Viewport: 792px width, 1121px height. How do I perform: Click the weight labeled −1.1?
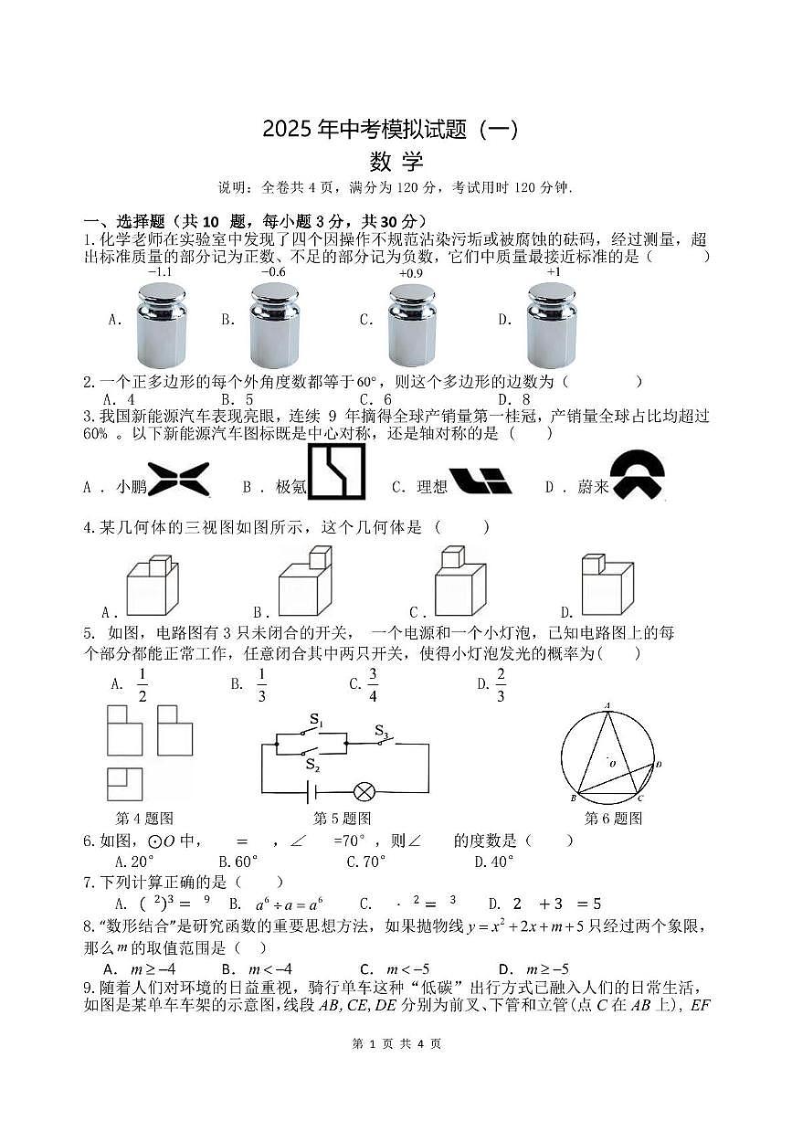[162, 324]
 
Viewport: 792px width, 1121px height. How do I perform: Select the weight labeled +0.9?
[411, 325]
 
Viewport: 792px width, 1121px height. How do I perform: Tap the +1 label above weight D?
[554, 271]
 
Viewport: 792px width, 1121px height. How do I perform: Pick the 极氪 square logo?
[336, 472]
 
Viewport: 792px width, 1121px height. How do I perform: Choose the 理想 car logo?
[480, 480]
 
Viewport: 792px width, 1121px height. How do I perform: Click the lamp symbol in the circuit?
[365, 792]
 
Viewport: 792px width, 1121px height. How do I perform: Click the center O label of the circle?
[611, 762]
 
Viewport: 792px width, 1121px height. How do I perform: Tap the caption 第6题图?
[613, 819]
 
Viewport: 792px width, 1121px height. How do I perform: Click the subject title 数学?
[396, 162]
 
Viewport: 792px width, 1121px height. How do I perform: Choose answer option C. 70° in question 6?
[365, 861]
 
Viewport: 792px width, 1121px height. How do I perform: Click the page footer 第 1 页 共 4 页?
[396, 1043]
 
